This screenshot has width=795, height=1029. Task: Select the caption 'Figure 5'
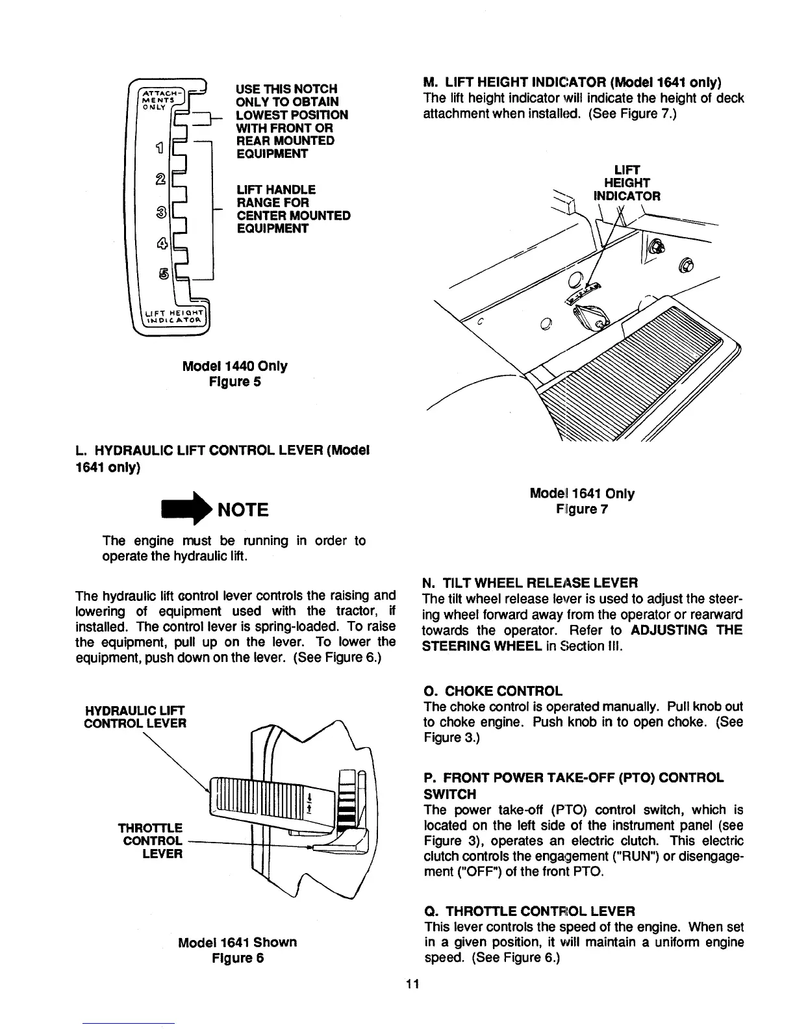coord(234,382)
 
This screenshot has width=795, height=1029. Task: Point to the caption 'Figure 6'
coord(237,958)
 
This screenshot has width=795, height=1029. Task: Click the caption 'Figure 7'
coord(581,509)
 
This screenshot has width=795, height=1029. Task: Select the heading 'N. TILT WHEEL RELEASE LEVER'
coord(530,582)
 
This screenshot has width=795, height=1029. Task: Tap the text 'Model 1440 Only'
coord(234,366)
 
